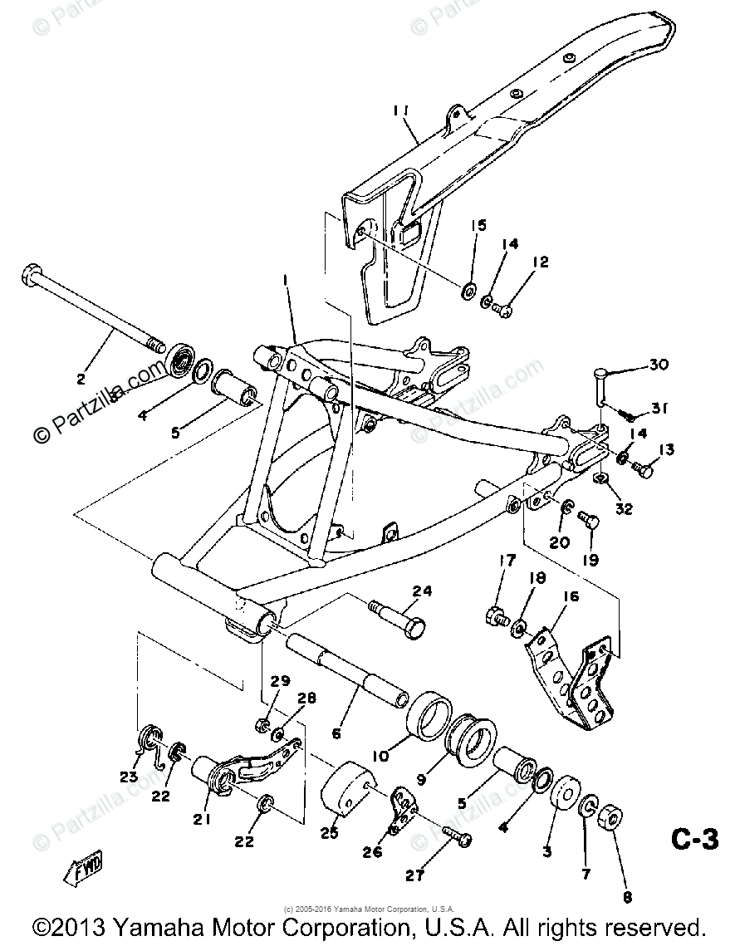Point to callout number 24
[423, 592]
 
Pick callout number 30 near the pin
[658, 365]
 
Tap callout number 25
[330, 833]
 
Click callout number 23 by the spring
[128, 777]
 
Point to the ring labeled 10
[432, 713]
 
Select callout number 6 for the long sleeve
[336, 733]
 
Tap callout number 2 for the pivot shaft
[81, 380]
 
